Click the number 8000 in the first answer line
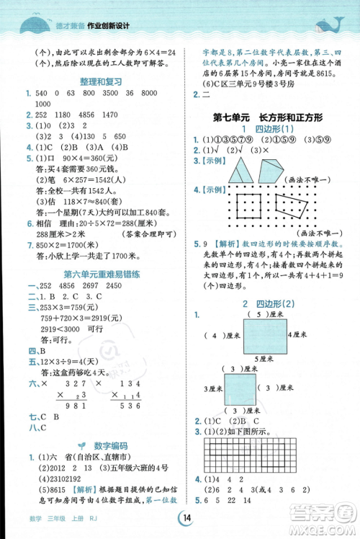point(168,94)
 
